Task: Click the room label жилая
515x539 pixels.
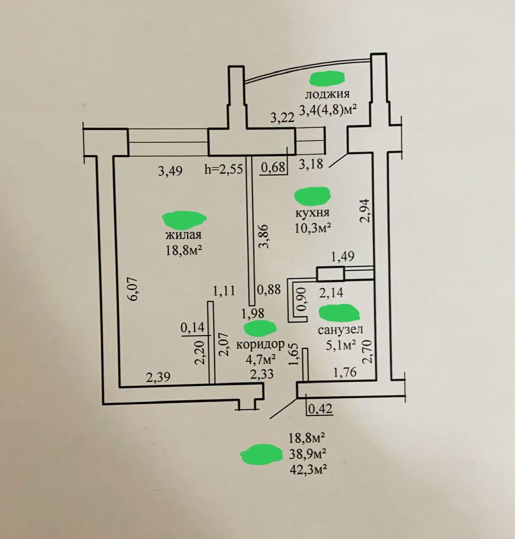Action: [x=183, y=235]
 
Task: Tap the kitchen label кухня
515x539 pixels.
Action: [x=312, y=212]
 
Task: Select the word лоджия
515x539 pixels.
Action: [x=327, y=94]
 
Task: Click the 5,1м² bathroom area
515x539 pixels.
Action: [x=341, y=346]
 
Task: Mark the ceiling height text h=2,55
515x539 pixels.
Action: [x=223, y=170]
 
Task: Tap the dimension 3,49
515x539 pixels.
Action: [x=170, y=171]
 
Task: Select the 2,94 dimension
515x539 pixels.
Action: [x=367, y=210]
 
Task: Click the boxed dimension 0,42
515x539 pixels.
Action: [x=320, y=408]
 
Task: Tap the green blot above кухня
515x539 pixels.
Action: [x=312, y=195]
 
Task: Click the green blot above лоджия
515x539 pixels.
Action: [x=327, y=77]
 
